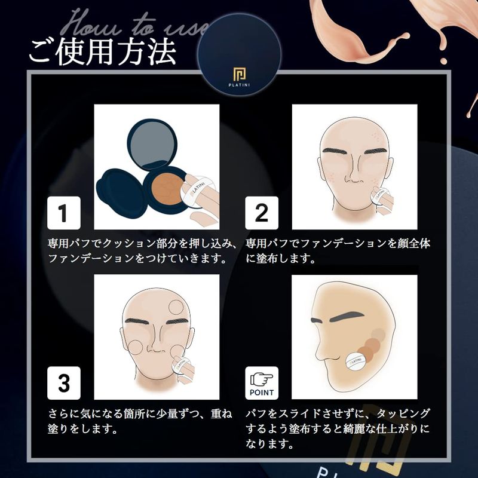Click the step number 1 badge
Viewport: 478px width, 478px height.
(x=64, y=213)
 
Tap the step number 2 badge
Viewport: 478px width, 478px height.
(x=262, y=213)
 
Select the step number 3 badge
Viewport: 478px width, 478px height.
(x=64, y=383)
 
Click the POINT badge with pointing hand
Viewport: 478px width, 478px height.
(x=262, y=383)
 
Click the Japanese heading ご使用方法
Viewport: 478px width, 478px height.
(x=102, y=51)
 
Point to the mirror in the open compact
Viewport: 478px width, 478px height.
(x=152, y=144)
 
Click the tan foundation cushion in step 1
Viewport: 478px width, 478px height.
(x=167, y=189)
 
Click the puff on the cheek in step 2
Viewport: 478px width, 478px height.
(x=380, y=196)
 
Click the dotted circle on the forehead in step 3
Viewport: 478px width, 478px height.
(x=176, y=307)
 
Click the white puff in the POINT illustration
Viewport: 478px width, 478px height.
(x=356, y=361)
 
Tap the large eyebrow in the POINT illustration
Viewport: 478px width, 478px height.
(x=347, y=317)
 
